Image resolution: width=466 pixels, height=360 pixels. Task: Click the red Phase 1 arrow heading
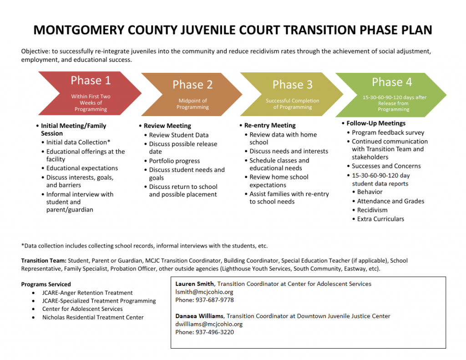point(91,81)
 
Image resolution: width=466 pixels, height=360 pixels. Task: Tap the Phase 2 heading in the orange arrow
point(192,85)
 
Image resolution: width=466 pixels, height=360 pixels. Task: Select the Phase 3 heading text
point(292,85)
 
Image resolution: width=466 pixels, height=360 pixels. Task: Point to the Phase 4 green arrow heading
point(391,82)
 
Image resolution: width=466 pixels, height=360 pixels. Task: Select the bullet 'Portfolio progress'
point(174,161)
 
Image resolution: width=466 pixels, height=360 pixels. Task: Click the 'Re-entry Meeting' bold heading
point(270,125)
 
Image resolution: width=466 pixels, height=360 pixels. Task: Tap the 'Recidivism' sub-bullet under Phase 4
point(372,210)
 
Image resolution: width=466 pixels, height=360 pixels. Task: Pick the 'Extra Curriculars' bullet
point(380,219)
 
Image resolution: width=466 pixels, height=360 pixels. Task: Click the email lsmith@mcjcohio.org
point(204,292)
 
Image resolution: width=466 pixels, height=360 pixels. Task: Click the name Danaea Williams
point(200,316)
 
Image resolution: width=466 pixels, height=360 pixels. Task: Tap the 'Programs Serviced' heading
point(46,284)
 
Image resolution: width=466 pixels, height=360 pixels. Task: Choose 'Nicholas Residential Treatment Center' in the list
point(93,317)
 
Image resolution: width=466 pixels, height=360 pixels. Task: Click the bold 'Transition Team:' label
point(44,261)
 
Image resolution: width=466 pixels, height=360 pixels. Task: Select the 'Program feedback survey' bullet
point(388,132)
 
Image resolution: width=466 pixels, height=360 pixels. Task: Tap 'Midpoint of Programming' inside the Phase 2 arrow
point(192,104)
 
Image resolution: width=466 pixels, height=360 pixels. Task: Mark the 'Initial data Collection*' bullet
point(78,142)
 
